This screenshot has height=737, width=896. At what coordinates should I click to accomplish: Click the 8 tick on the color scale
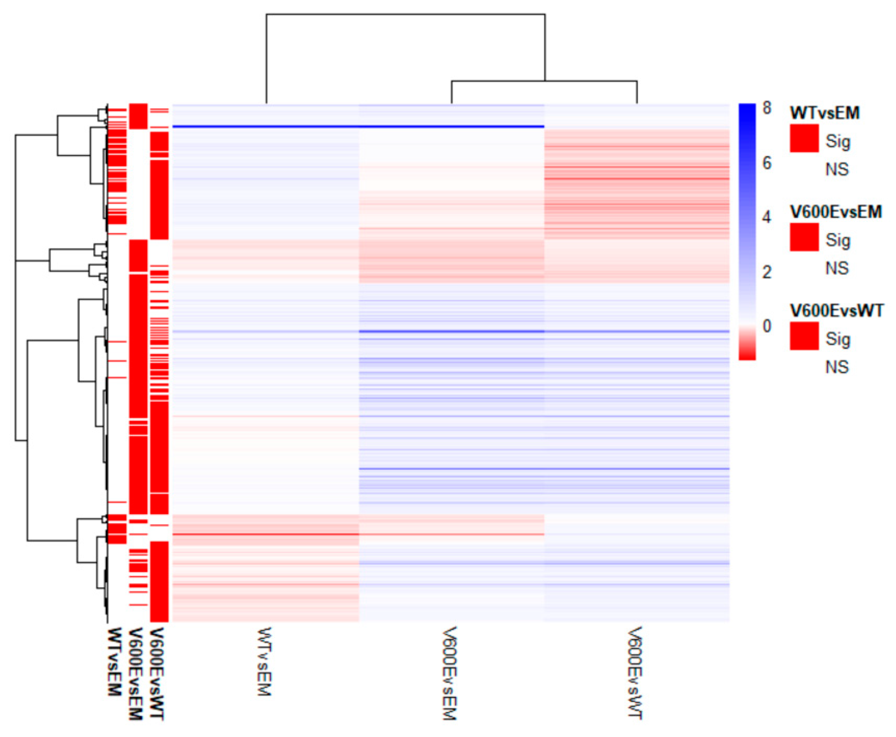coord(766,108)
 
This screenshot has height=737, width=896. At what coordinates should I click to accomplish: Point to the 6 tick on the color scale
coord(766,163)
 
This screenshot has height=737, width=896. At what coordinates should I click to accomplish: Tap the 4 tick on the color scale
coord(766,217)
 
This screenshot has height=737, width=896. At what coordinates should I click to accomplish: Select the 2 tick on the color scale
coord(766,272)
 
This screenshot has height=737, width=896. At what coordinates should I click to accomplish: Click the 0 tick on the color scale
coord(766,326)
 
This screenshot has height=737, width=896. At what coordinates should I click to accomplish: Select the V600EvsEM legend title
coord(836,212)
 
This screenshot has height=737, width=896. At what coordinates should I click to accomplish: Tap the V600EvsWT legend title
coord(836,311)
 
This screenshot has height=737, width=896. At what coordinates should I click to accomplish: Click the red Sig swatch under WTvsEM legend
coord(804,138)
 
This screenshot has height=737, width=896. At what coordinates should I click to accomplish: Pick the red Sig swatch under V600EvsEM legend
coord(804,237)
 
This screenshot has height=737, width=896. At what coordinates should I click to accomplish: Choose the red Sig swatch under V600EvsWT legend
coord(804,336)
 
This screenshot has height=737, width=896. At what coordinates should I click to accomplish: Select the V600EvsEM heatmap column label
coord(449,673)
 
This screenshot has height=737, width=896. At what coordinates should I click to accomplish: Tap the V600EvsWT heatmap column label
coord(635,673)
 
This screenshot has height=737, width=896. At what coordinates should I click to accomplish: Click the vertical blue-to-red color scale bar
coord(747,231)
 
